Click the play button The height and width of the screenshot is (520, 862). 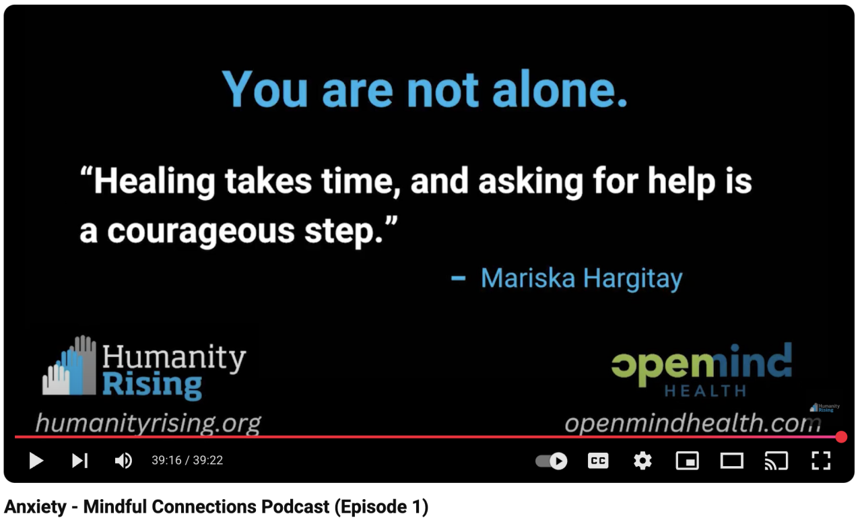click(36, 461)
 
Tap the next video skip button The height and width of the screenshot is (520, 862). click(80, 461)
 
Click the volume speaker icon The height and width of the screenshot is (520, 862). click(123, 461)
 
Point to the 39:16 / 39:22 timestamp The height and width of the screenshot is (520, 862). click(187, 460)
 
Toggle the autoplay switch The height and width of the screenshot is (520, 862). click(552, 461)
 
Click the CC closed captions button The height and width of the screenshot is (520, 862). click(598, 461)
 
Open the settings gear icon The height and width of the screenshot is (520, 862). click(642, 461)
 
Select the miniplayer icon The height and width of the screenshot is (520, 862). click(688, 461)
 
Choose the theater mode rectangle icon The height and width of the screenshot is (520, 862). click(731, 461)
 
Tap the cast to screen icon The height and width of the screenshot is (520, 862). click(776, 461)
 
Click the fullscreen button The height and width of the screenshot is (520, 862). click(821, 461)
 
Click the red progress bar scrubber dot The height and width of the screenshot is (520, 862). click(841, 437)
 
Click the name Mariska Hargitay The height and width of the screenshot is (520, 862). click(581, 279)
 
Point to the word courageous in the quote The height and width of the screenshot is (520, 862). click(201, 232)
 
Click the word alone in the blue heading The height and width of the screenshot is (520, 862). click(560, 90)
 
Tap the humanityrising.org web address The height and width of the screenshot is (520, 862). click(149, 424)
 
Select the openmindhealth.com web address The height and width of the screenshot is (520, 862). click(693, 423)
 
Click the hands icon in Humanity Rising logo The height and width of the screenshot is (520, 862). click(69, 365)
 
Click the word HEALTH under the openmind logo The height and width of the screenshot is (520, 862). click(705, 391)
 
